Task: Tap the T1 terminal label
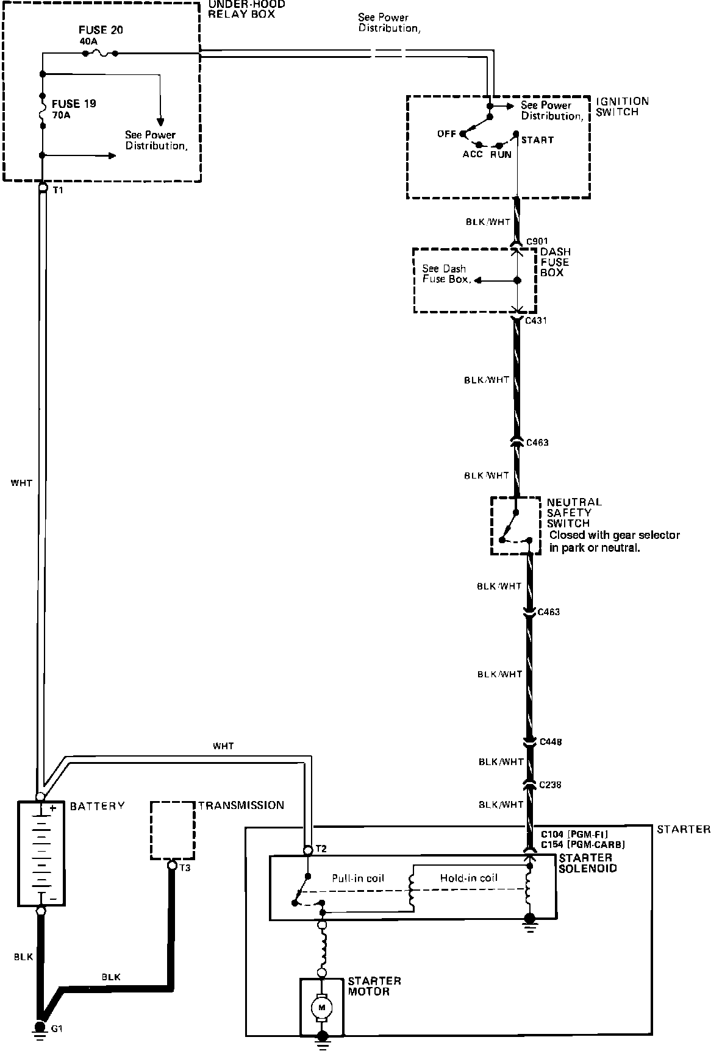click(59, 190)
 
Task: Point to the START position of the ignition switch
click(537, 140)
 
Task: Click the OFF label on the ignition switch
click(446, 134)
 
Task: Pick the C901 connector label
click(537, 241)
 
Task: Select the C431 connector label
click(535, 320)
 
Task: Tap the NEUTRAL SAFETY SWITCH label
click(574, 512)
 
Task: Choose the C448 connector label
click(551, 742)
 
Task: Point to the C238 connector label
click(550, 785)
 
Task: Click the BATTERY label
click(97, 806)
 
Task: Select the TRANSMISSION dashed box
click(173, 830)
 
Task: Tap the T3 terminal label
click(185, 868)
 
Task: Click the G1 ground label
click(57, 1028)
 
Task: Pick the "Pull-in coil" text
click(358, 878)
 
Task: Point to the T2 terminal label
click(321, 849)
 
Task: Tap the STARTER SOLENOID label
click(587, 863)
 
